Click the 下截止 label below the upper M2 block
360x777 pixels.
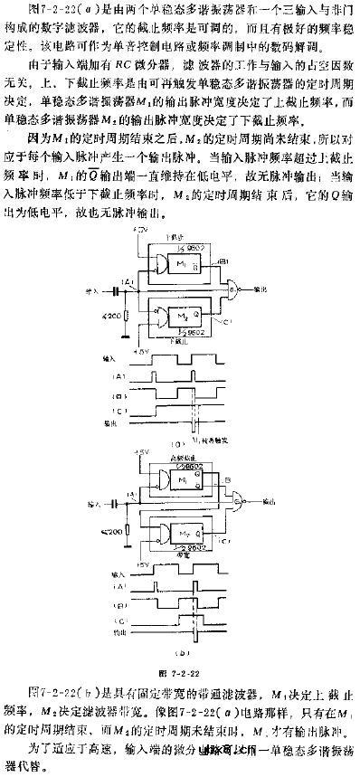180,340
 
